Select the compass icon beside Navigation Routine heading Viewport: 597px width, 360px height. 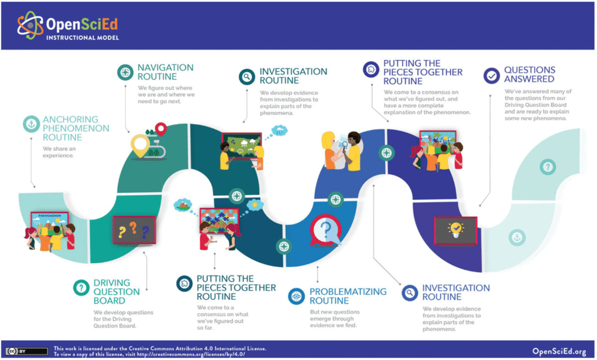click(x=124, y=72)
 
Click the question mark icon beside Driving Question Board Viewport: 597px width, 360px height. click(x=80, y=287)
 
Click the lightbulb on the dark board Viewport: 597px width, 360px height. click(x=455, y=228)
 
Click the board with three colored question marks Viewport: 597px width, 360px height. click(x=134, y=230)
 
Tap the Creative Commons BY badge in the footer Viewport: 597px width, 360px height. click(x=27, y=351)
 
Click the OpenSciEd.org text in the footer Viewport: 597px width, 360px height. click(x=559, y=351)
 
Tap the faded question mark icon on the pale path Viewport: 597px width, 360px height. click(x=547, y=168)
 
